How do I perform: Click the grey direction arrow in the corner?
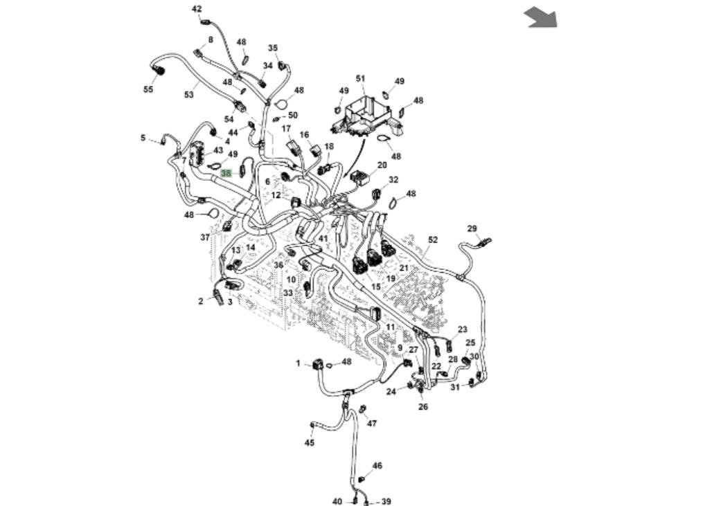pos(541,17)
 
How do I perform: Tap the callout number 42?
pos(197,9)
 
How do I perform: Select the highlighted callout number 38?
pos(226,173)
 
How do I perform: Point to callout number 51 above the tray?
pos(360,79)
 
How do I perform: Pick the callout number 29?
pos(472,228)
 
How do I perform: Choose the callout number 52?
pos(433,240)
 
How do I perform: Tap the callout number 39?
pos(386,502)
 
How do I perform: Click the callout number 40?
pos(337,502)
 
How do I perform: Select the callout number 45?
pos(310,443)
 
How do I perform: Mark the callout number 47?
pos(372,424)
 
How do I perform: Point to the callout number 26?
pos(423,407)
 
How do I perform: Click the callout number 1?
pos(299,363)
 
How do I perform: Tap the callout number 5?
pos(143,138)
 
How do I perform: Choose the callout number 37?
pos(205,237)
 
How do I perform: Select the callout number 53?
pos(189,95)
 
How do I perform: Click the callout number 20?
pos(382,165)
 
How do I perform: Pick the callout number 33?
pos(288,293)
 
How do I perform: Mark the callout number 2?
pos(201,301)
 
